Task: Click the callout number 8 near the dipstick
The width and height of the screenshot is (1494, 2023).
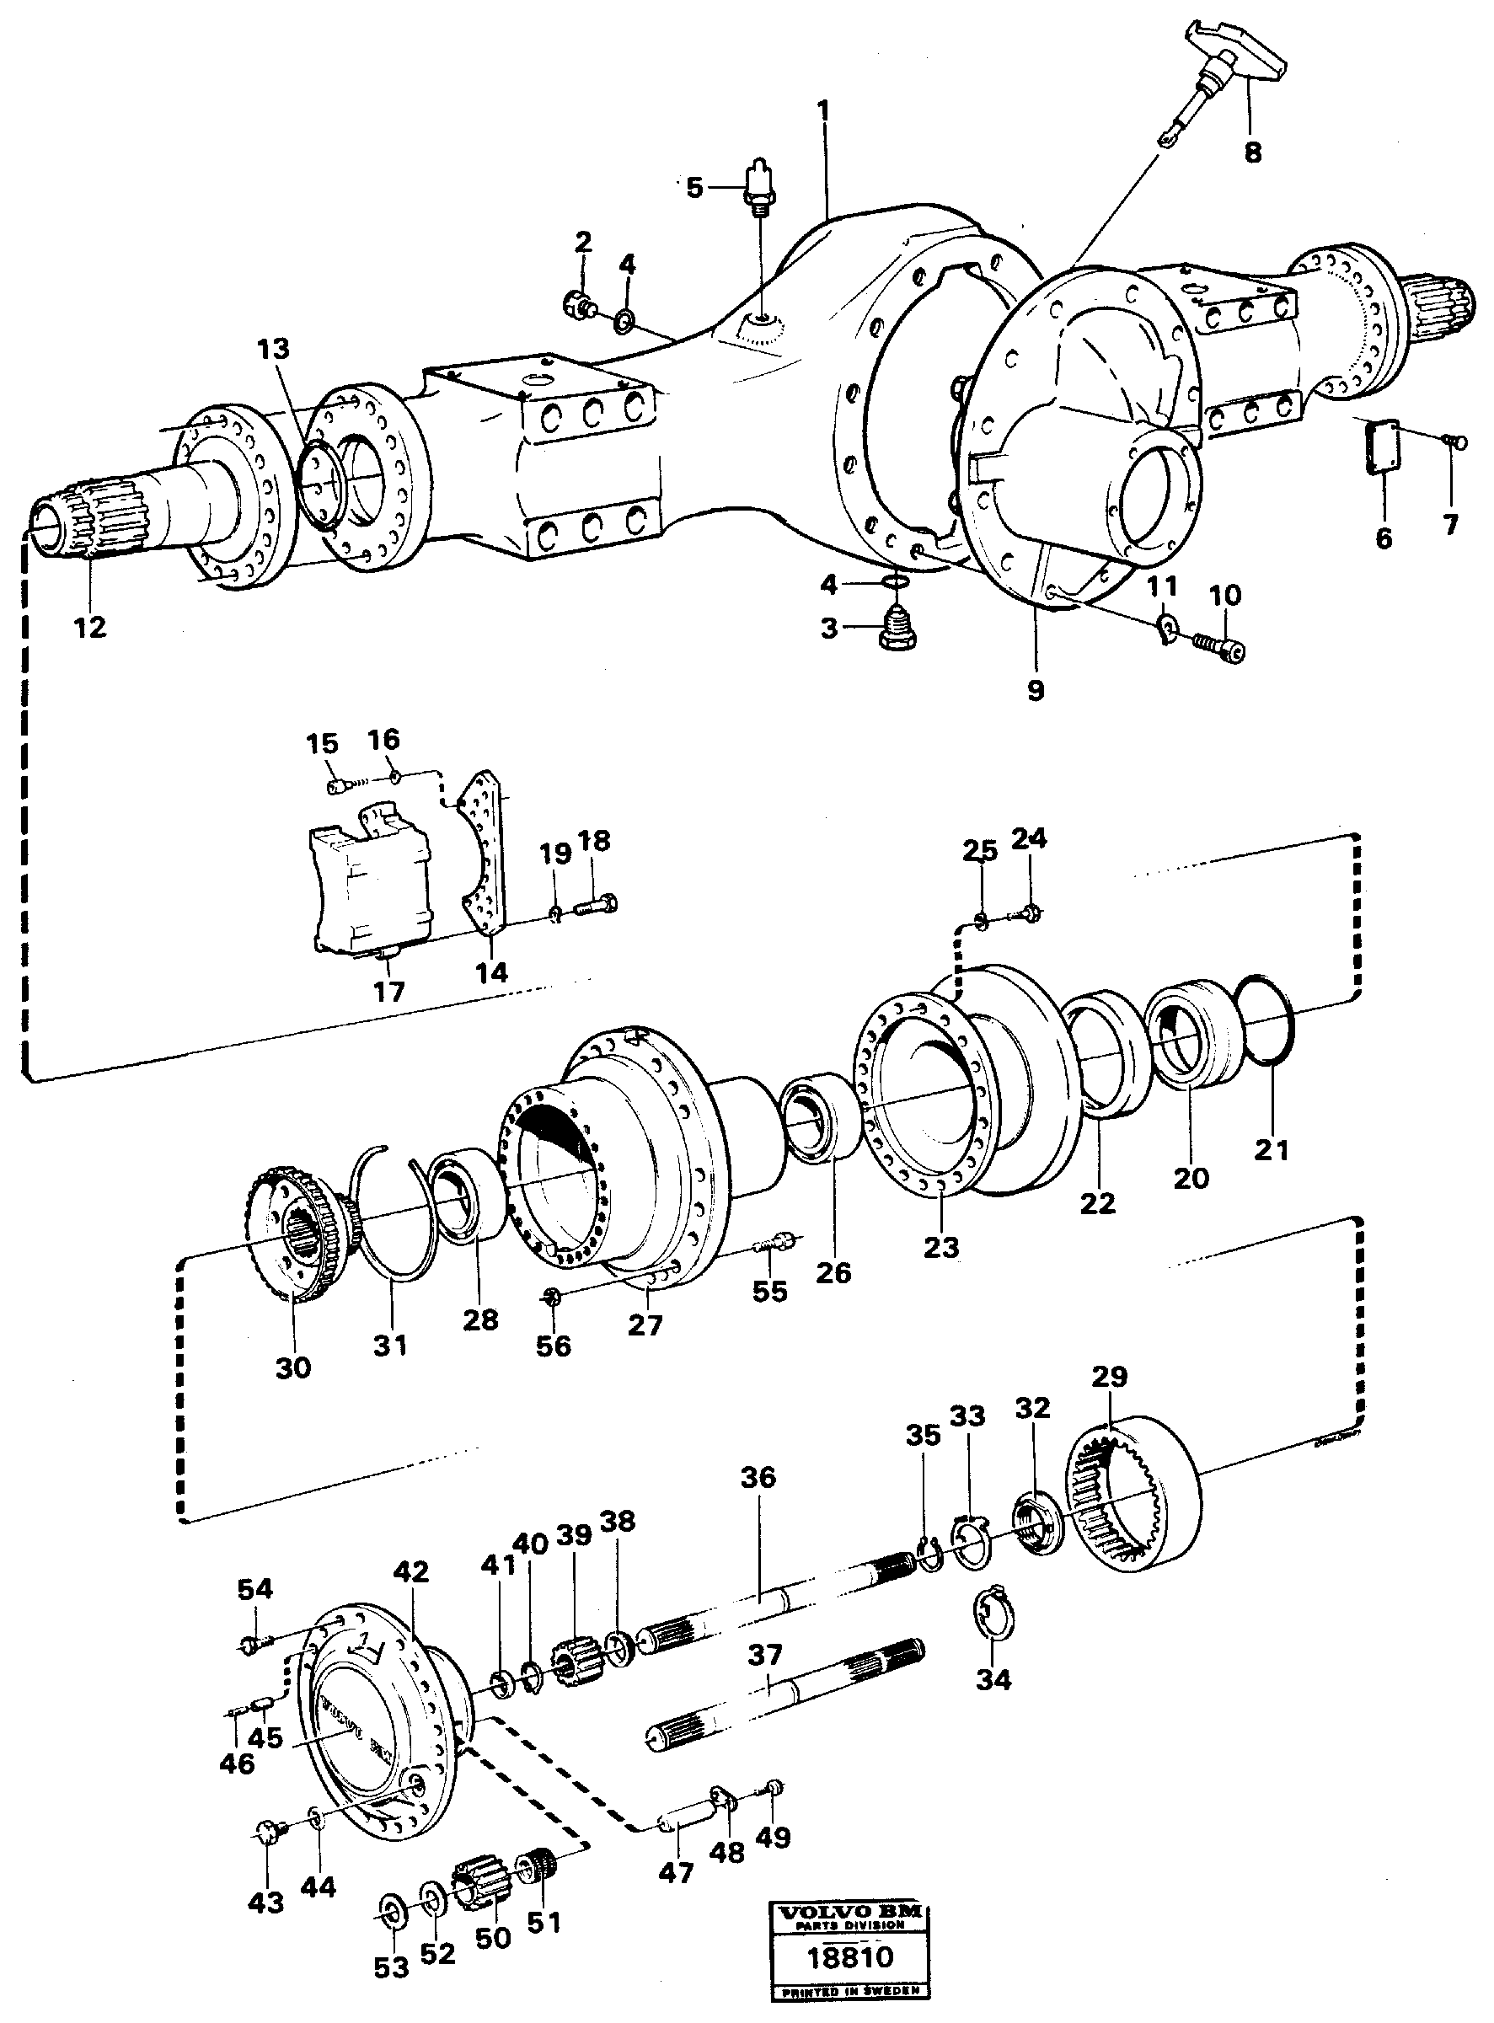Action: [x=1251, y=152]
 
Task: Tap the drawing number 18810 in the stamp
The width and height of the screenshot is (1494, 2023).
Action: [x=849, y=1956]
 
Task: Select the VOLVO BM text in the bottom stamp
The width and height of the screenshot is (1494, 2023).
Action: [x=849, y=1910]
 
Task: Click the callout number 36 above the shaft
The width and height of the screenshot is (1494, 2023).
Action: [x=758, y=1478]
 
